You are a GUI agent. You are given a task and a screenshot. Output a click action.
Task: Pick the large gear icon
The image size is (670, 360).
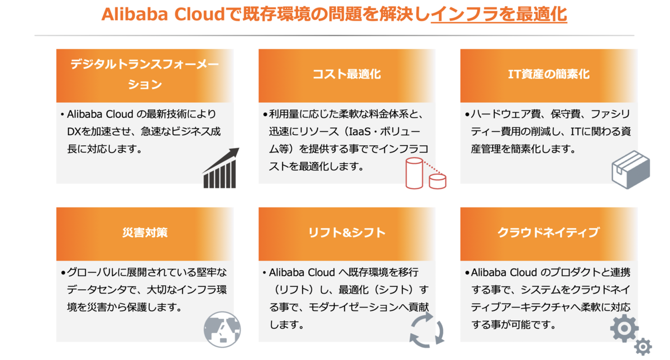pyautogui.click(x=624, y=328)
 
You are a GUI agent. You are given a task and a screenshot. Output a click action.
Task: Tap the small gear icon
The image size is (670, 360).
pyautogui.click(x=643, y=347)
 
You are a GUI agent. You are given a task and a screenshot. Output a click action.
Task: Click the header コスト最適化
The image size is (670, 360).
pyautogui.click(x=346, y=75)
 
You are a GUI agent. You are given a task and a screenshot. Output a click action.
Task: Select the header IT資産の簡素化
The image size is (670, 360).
pyautogui.click(x=548, y=75)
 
